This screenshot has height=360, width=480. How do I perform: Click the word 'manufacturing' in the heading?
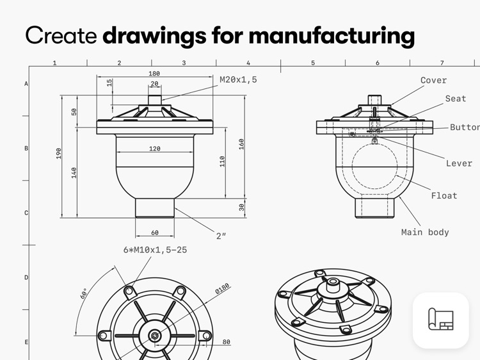coord(331,35)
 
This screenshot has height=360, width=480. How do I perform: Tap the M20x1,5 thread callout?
coord(238,80)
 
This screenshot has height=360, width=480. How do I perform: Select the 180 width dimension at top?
coord(154,74)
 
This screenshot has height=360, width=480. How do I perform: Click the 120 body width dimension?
coord(154,149)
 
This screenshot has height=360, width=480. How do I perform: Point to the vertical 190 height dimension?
coord(59,153)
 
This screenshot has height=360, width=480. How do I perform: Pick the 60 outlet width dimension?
coord(154,233)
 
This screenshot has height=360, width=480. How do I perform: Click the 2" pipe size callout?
coord(221,236)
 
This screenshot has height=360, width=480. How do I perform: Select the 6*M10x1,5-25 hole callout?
coord(155,250)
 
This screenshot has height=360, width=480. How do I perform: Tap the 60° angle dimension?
coord(84,294)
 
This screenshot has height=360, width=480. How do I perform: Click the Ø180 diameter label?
coord(221,290)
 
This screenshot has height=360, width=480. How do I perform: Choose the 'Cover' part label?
coord(433,81)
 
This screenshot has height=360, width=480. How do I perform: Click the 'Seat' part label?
coord(456,99)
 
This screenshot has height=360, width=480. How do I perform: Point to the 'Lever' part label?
coord(459,163)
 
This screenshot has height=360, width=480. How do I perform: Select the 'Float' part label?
coord(444,195)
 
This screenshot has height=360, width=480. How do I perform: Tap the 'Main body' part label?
coord(425,232)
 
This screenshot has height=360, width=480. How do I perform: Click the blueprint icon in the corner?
coord(441,320)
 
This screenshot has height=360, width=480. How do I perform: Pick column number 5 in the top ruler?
coord(313,63)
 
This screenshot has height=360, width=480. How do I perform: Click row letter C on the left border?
coord(26,213)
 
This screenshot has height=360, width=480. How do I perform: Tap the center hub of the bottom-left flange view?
coord(154,336)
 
